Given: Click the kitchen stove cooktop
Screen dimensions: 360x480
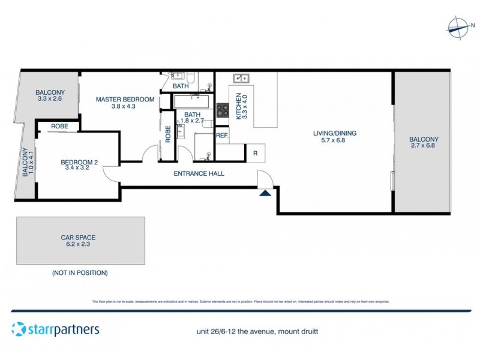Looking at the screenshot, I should point(223,110).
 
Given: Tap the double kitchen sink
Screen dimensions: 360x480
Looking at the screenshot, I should point(241,77).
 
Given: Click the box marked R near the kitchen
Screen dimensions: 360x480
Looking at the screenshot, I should point(255,153).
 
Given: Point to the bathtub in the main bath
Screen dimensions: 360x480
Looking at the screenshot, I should point(192,101).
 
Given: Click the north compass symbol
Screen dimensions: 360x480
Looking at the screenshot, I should point(459,26).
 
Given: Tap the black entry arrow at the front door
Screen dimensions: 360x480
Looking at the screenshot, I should point(265,193).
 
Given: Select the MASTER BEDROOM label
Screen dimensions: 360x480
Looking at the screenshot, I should point(125,99).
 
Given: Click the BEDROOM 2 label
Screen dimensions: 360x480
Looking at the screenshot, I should point(79,162).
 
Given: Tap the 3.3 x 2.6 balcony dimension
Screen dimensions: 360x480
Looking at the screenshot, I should point(50,98).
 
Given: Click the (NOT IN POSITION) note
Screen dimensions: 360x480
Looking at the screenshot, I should point(80,272).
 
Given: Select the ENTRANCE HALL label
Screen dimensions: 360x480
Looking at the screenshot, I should point(199,174).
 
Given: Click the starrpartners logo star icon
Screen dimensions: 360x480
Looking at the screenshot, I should point(18,329).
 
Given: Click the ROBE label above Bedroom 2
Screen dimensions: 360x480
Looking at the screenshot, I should point(59,127).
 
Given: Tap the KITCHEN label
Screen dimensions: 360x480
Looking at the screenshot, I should point(238,106).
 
